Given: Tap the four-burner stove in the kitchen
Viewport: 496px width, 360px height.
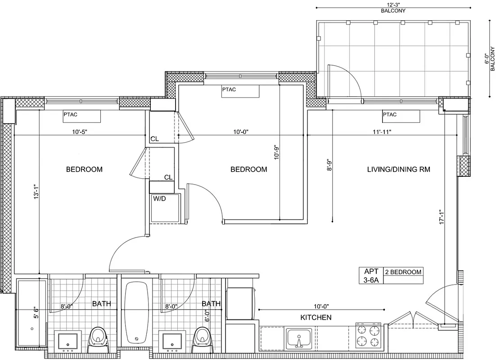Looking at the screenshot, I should pos(369,335).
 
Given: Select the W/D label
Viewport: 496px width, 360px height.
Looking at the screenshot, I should pos(160,198).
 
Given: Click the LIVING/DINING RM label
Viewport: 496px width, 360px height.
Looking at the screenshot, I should pos(398,170).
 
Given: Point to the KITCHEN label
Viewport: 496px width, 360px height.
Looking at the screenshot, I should pos(316,318).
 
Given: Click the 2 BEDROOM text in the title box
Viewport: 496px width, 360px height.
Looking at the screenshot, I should pos(403,272).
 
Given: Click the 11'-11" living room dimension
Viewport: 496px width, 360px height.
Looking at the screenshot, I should pos(381,132).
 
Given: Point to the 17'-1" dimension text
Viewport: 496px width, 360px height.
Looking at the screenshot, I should pos(442,216).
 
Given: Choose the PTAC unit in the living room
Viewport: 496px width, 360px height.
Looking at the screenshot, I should pos(401,116).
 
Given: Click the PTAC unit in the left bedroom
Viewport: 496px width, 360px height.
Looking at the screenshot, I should pos(81,116).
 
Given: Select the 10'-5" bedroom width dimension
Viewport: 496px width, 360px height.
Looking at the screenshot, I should pos(79,132).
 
